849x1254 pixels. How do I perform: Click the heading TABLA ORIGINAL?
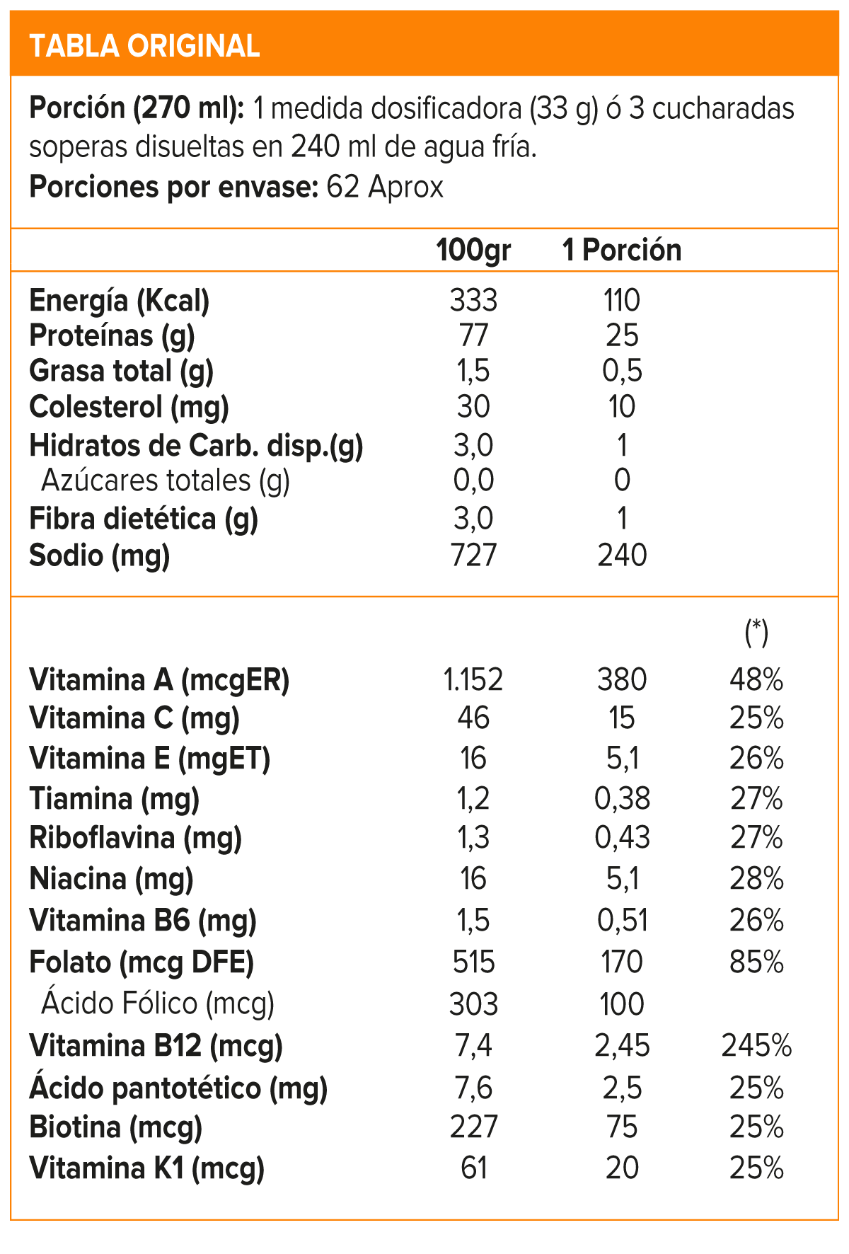(144, 46)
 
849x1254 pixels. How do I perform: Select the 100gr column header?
(473, 250)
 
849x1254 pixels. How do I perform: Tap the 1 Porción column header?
(622, 250)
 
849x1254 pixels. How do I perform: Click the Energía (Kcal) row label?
(120, 301)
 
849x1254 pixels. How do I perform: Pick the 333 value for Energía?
(473, 301)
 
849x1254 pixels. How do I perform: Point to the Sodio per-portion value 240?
(622, 556)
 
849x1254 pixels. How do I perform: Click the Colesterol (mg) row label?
(129, 407)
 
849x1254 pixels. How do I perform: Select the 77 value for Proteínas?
(473, 335)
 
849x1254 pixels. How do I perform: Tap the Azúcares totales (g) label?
(166, 481)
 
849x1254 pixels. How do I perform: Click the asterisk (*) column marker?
(756, 631)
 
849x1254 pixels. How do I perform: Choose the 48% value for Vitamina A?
(756, 680)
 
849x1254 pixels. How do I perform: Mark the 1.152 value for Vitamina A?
(473, 680)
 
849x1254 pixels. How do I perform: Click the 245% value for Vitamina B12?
(756, 1046)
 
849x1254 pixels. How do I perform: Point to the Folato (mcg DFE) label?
(141, 962)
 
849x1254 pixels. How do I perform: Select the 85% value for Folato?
(756, 962)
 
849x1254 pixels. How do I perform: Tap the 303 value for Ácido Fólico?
(473, 1004)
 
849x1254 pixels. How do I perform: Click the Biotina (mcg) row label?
(116, 1127)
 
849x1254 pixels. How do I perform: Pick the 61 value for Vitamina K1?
(473, 1168)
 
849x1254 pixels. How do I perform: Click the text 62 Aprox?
(385, 188)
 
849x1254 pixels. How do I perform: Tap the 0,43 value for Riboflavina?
(622, 838)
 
